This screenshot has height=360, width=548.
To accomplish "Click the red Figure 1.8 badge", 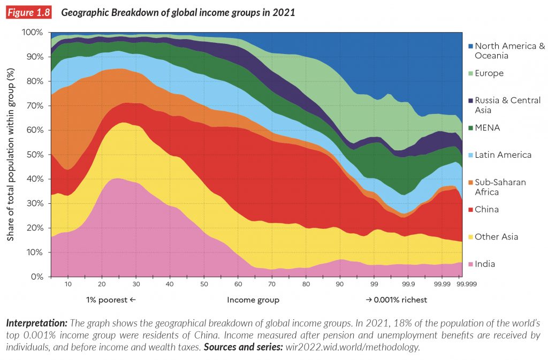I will click(28, 12).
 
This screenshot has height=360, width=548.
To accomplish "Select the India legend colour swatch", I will click(470, 264).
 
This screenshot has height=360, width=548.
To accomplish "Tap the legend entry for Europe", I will click(489, 73).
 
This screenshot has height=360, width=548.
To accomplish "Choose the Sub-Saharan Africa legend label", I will click(500, 187).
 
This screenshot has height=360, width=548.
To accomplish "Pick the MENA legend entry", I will click(489, 128).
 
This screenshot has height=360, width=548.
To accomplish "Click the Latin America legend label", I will click(503, 155).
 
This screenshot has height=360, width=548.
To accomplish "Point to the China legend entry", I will click(486, 210).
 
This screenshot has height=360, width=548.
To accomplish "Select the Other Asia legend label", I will click(496, 237).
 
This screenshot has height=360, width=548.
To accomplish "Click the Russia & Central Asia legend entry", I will click(507, 105).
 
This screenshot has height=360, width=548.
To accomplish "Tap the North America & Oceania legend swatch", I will click(470, 46).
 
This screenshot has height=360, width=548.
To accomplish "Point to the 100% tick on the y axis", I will click(33, 33).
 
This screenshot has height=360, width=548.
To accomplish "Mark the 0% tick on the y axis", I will click(37, 277).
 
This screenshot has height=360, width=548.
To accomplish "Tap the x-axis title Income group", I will click(253, 300).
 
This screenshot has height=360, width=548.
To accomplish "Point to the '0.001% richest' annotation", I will click(396, 300).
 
